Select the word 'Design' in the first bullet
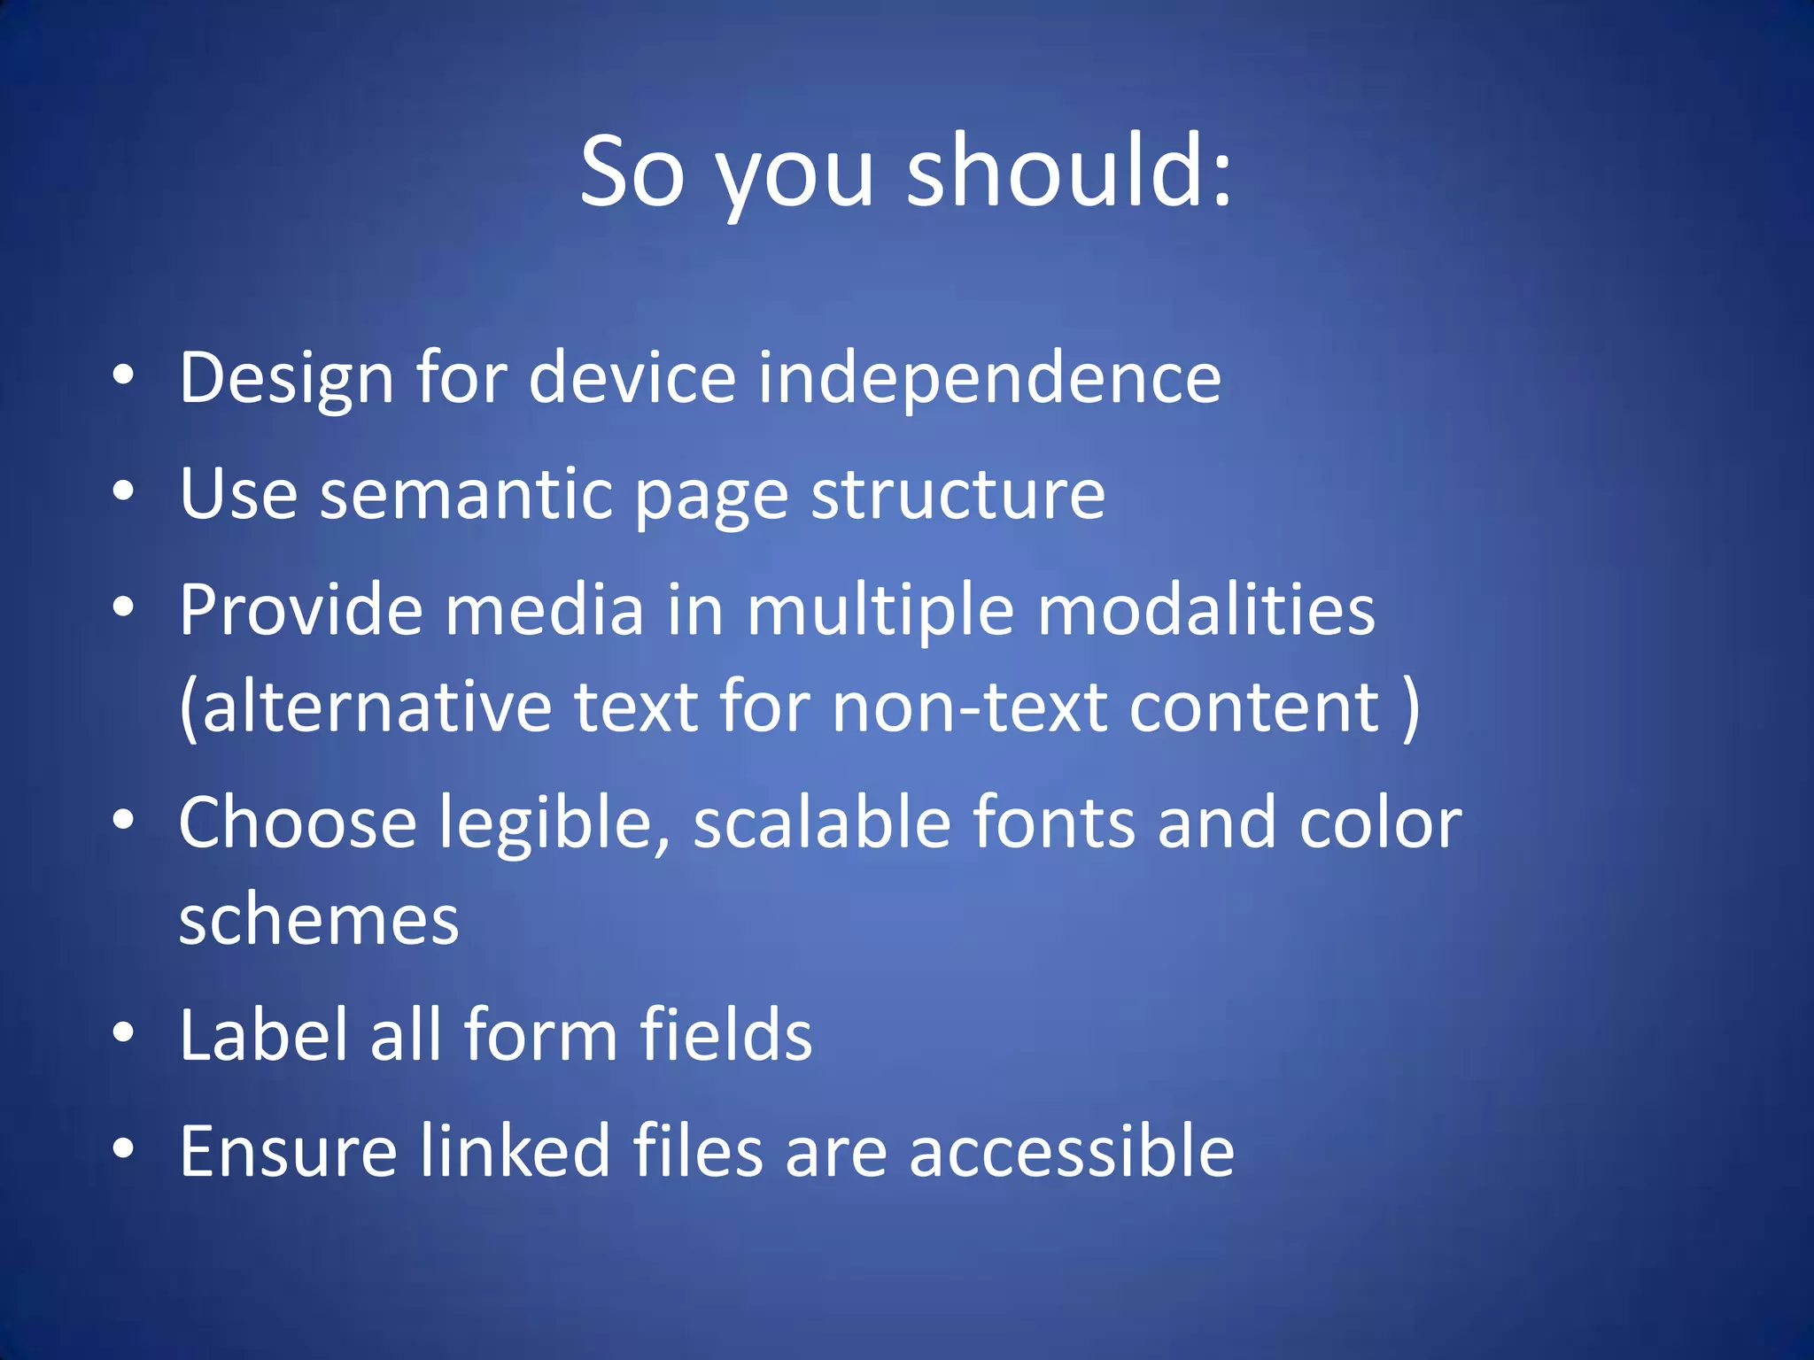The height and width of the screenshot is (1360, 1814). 286,379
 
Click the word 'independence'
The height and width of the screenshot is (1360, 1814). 989,379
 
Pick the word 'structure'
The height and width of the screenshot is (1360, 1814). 958,495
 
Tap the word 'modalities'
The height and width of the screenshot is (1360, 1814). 1206,611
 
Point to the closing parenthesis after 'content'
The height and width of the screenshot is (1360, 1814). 1411,708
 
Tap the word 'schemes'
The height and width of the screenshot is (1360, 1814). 319,921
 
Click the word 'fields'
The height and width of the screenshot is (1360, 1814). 725,1036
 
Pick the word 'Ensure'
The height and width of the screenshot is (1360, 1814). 288,1152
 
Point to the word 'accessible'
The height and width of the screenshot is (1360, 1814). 1072,1152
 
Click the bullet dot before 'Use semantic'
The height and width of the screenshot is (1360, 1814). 124,492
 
